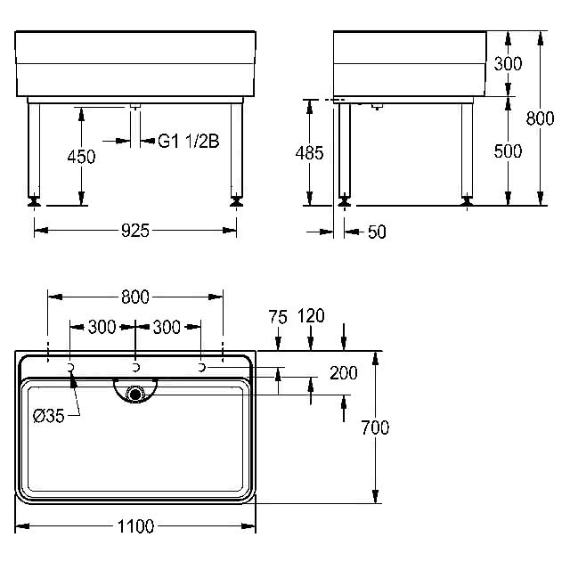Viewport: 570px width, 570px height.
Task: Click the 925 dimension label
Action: pos(135,231)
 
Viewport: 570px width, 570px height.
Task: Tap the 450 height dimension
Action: pos(81,157)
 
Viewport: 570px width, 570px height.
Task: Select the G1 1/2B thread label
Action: pos(189,141)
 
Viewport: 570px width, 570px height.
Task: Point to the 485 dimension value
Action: pos(309,153)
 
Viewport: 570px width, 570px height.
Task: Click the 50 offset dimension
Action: pos(377,232)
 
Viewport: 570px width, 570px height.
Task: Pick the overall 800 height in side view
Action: pos(541,118)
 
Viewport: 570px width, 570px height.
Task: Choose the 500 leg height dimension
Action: pos(508,151)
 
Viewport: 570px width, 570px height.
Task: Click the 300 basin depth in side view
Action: pos(508,63)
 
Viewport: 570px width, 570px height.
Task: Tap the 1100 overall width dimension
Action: pos(136,526)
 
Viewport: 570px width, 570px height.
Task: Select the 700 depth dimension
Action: pos(375,427)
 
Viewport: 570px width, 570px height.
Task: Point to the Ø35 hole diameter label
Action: pos(49,416)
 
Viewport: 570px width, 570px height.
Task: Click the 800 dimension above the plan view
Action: pos(135,297)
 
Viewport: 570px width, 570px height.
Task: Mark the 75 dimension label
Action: pos(278,317)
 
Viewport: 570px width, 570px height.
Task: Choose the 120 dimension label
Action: pos(311,316)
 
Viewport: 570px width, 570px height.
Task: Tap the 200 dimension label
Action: pos(344,373)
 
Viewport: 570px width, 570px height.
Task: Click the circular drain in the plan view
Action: pos(135,394)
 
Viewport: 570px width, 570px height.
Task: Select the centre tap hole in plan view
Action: pos(135,368)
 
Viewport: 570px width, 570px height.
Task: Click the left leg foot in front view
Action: pos(34,201)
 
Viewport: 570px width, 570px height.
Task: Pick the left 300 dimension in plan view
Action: pos(102,327)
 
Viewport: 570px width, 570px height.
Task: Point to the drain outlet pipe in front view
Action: pos(135,126)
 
